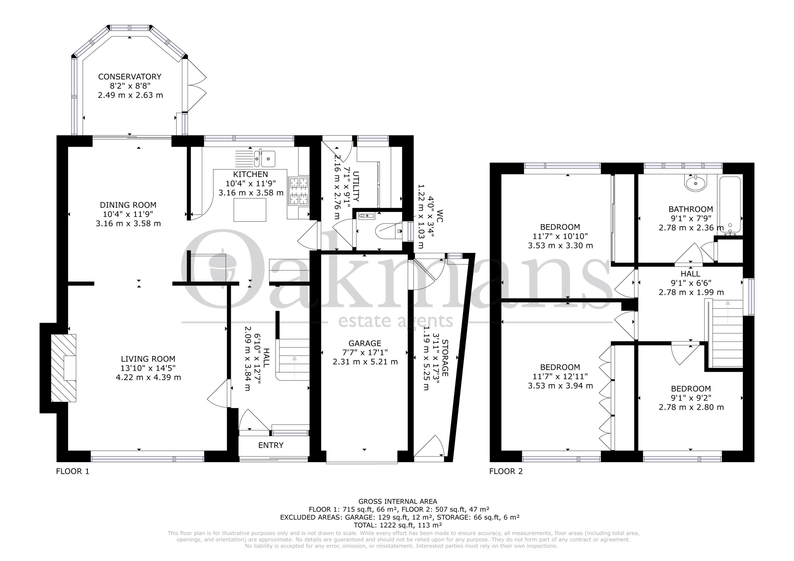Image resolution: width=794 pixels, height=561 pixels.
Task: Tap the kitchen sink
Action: (265, 159)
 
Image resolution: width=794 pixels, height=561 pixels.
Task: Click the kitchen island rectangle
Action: (250, 210)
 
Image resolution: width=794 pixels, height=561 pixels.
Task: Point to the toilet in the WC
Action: (389, 231)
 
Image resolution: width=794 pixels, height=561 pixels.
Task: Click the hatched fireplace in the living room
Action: (64, 368)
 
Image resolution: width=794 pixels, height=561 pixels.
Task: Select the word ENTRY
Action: (271, 445)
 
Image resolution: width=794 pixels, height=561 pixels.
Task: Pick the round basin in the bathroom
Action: (695, 183)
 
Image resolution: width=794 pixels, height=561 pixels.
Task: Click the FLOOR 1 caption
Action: (73, 471)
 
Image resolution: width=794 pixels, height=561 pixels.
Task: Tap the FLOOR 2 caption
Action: (506, 471)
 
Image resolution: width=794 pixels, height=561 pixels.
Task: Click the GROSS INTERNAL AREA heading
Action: (398, 501)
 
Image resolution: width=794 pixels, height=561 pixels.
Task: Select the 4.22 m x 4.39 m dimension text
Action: (148, 378)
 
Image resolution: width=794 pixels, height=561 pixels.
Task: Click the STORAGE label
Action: (445, 358)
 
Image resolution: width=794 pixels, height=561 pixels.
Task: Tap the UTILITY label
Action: (356, 186)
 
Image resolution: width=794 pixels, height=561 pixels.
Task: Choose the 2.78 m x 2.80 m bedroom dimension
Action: (691, 407)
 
